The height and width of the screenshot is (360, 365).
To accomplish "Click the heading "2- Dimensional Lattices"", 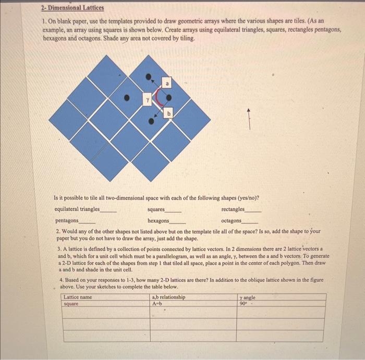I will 72,8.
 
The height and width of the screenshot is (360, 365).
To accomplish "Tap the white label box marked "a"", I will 167,82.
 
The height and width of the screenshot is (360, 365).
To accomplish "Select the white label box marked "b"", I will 168,114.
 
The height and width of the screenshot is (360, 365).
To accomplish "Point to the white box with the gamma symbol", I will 148,97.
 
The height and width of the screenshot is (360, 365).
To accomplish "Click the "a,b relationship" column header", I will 168,297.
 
